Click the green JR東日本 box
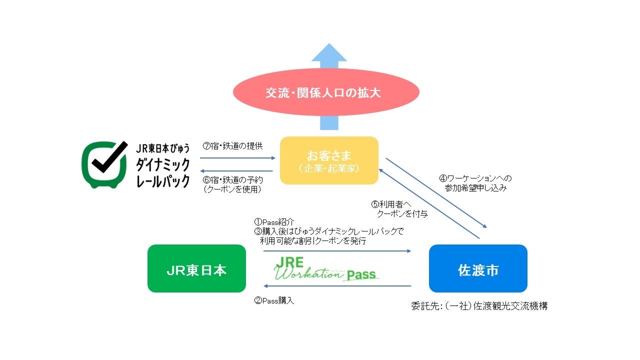point(196,268)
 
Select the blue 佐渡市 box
point(478,268)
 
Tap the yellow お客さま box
point(329,160)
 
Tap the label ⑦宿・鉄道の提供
point(232,146)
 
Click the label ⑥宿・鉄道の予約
point(232,179)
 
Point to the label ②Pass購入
point(274,300)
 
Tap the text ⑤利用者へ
point(391,204)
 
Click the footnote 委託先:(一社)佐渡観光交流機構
point(479,306)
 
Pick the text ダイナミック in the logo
point(163,164)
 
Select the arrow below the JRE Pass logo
point(337,286)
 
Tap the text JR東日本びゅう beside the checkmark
point(163,148)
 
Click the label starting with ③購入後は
point(329,231)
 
